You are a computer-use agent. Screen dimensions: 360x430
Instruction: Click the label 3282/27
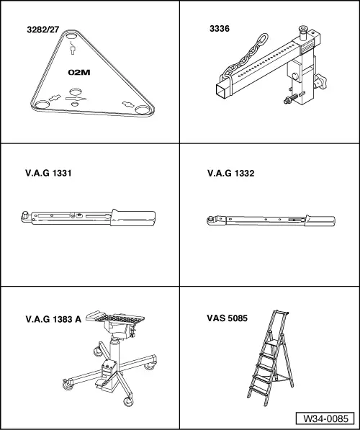click(43, 30)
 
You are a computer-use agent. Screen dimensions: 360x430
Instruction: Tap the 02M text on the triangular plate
click(79, 73)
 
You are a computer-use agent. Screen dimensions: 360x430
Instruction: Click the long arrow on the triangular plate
click(76, 99)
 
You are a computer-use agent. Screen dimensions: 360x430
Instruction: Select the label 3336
click(220, 29)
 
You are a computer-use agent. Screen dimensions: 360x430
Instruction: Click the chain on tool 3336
click(245, 58)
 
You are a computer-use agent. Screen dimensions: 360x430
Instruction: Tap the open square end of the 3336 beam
click(222, 91)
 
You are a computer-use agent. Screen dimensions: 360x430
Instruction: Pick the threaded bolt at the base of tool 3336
click(291, 99)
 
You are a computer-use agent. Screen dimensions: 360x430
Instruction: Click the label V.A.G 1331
click(48, 173)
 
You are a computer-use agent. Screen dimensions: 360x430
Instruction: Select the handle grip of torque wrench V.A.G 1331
click(133, 218)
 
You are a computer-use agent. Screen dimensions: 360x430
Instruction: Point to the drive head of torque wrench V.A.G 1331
click(25, 216)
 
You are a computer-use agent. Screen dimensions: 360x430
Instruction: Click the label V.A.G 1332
click(230, 173)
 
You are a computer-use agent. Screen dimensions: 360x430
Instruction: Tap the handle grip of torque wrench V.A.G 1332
click(320, 220)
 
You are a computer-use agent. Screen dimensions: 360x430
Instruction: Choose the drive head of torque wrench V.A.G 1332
click(212, 220)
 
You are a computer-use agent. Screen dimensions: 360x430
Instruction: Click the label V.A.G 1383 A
click(53, 319)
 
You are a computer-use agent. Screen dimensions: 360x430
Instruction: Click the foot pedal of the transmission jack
click(101, 384)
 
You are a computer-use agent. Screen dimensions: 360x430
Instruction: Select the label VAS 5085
click(227, 318)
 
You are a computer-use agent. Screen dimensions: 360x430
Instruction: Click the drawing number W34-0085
click(325, 418)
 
